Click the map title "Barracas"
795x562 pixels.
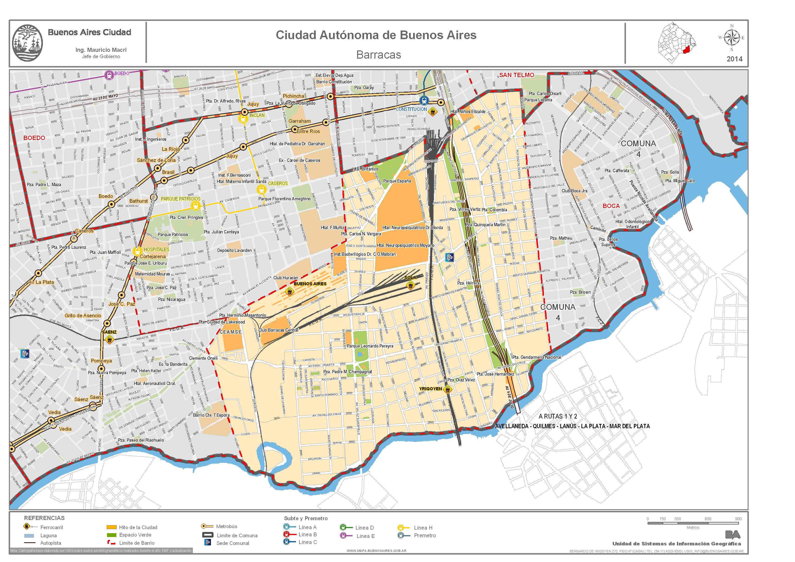click(378, 55)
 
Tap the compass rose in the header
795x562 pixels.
click(732, 38)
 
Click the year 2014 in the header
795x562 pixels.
click(734, 59)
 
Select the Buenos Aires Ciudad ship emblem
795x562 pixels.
click(27, 43)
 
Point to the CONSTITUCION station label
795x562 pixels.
click(411, 109)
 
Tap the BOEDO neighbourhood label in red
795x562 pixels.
click(34, 138)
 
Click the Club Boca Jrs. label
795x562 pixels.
click(575, 191)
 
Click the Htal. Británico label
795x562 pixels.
click(365, 169)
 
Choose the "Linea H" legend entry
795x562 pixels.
click(423, 528)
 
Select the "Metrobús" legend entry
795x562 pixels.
click(227, 526)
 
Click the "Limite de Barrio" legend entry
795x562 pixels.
click(137, 543)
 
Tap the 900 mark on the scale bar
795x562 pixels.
click(738, 519)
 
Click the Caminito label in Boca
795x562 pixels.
click(598, 229)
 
